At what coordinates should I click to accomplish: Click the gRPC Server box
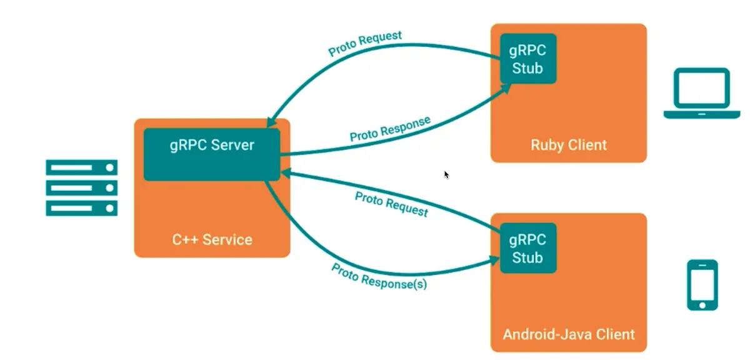(212, 154)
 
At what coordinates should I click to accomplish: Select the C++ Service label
(212, 239)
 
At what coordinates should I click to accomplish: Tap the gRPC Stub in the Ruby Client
(528, 59)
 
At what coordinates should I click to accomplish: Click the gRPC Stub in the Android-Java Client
(528, 248)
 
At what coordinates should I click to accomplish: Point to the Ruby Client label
(568, 145)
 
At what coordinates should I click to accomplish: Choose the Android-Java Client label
(568, 334)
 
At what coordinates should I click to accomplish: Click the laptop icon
(701, 93)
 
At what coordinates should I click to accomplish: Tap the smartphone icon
(702, 285)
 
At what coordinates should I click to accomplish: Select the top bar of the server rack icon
(81, 167)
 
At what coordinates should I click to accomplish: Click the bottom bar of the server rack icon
(81, 208)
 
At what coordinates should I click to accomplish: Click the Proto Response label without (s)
(390, 128)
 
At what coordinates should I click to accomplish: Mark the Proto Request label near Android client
(391, 204)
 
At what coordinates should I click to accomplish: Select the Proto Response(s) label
(379, 276)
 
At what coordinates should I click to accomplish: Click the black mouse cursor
(446, 174)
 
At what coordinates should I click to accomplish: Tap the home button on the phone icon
(702, 304)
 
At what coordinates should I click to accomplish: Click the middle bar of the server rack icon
(81, 187)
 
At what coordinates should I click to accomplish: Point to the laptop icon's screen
(701, 89)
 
